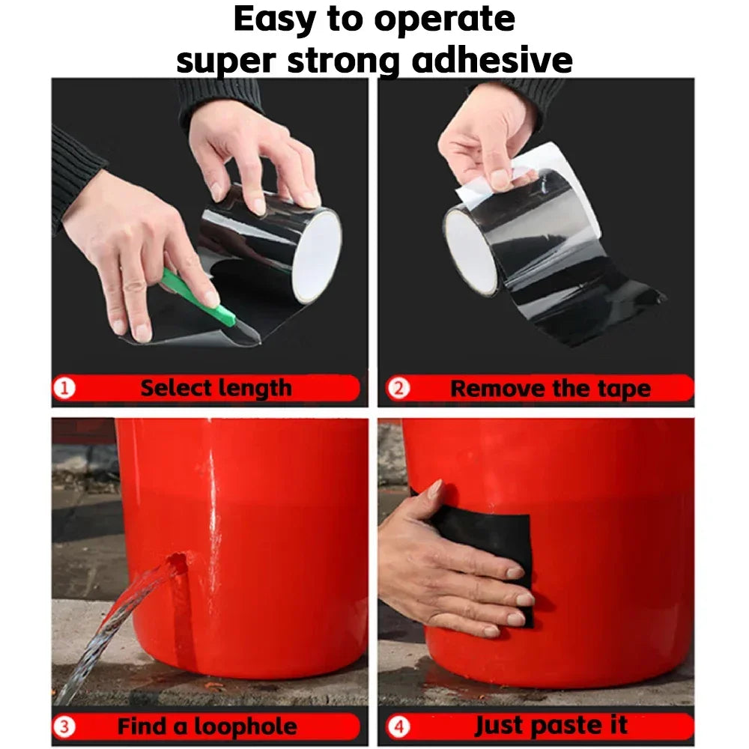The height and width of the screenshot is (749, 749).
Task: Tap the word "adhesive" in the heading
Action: [492, 61]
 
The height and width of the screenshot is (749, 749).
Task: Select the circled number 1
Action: [64, 388]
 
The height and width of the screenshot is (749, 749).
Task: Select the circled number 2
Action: [398, 388]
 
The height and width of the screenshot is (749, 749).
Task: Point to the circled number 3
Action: [64, 727]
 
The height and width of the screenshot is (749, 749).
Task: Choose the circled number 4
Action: [398, 727]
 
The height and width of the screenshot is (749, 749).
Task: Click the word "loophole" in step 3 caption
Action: [245, 727]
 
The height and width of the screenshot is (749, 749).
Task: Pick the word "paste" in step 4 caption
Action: [566, 726]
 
